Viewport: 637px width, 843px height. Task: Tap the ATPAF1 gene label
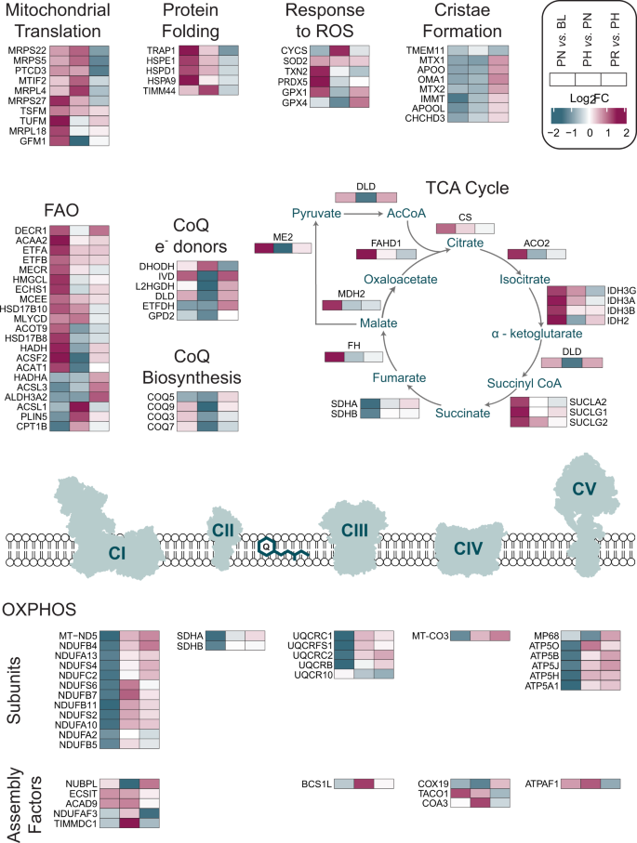coord(543,783)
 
